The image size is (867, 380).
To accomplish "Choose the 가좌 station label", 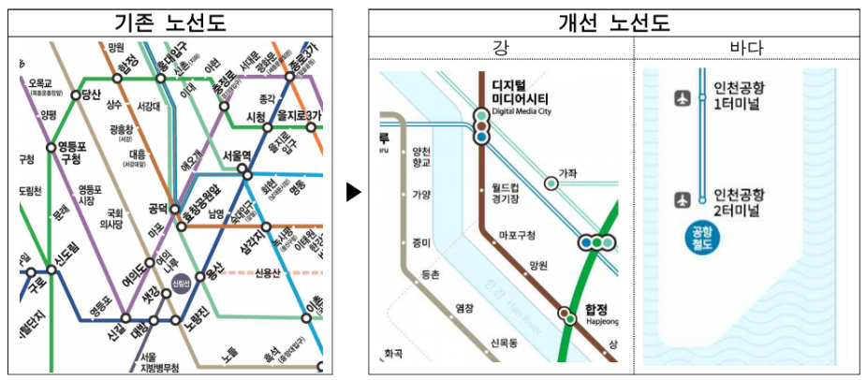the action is (567, 172).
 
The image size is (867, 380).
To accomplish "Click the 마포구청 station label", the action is (517, 235).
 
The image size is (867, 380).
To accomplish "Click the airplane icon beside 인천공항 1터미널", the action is (682, 97).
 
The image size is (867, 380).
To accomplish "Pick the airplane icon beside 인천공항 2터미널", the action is (682, 199).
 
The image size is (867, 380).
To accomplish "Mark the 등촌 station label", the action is (431, 274).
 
